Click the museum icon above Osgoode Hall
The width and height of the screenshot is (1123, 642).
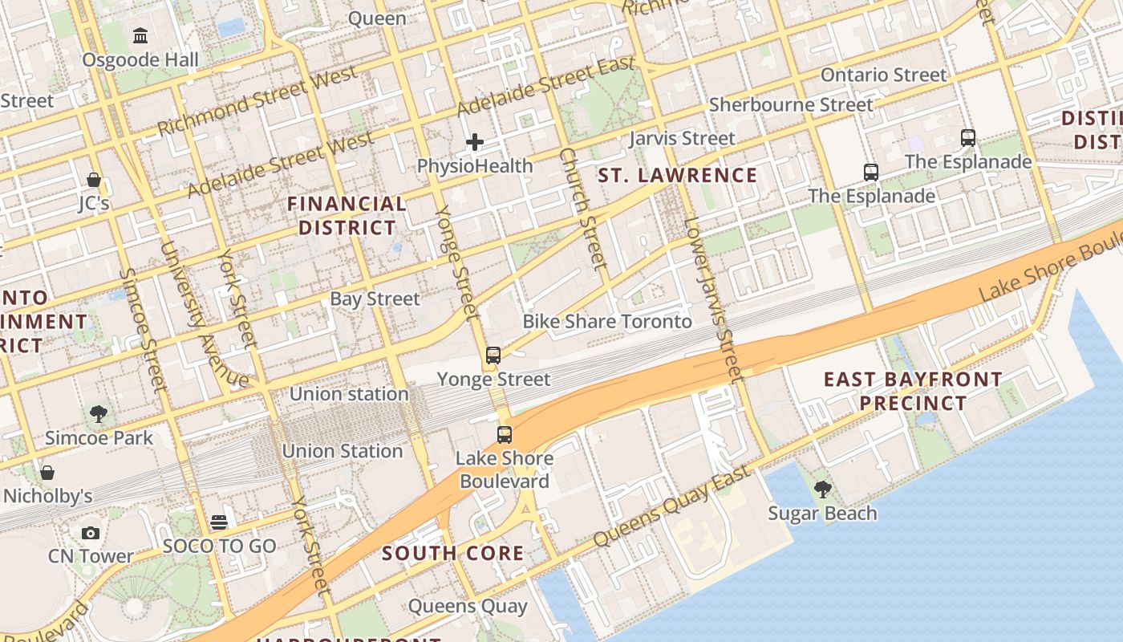(141, 35)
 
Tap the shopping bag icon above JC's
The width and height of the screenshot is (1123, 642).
(94, 179)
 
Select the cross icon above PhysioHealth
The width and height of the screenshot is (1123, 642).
(475, 143)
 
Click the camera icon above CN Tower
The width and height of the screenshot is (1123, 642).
(91, 533)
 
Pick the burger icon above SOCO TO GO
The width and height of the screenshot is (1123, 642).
(219, 523)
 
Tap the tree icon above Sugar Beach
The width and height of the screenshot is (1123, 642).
(822, 489)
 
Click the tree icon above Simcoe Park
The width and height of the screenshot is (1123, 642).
(99, 414)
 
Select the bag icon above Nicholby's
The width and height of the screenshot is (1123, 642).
(47, 472)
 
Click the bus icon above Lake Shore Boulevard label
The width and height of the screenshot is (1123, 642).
(504, 435)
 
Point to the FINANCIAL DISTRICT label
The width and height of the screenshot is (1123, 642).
(347, 216)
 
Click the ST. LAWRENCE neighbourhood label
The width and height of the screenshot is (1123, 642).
(678, 176)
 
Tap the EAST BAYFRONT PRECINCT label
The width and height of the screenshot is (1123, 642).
(913, 391)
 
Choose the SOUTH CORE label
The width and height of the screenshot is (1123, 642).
(452, 553)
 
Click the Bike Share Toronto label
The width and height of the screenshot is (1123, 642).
(607, 322)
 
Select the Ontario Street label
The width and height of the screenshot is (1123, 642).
(883, 75)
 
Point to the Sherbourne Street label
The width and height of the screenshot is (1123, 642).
(791, 105)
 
